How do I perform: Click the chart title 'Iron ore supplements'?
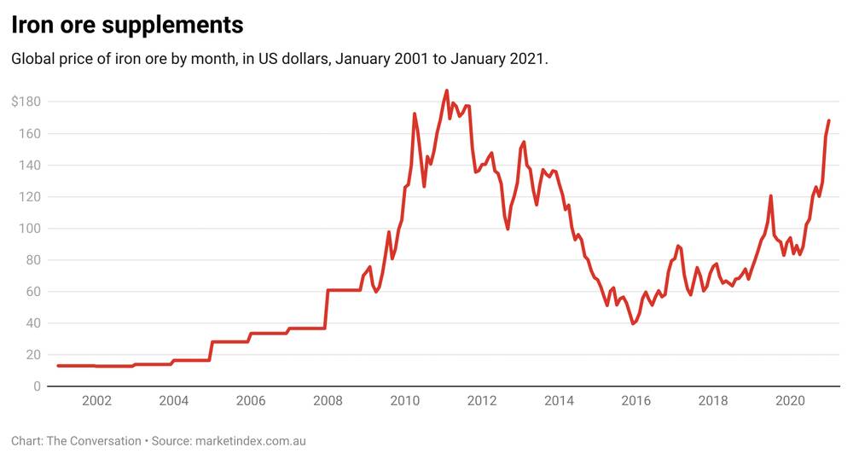[127, 26]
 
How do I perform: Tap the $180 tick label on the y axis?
[26, 102]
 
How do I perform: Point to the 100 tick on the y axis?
[29, 229]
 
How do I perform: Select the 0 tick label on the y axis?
[37, 387]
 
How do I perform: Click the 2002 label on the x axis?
[96, 401]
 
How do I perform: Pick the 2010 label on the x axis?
[405, 401]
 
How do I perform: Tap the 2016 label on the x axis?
[636, 401]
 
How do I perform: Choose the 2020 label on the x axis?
[791, 401]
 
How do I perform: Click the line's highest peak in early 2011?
[446, 90]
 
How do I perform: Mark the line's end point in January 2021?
[828, 121]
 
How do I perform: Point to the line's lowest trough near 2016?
[633, 323]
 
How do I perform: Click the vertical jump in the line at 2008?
[328, 309]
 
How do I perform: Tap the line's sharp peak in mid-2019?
[770, 196]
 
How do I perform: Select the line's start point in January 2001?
[58, 365]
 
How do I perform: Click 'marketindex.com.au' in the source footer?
[250, 441]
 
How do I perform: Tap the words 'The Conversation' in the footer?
[93, 441]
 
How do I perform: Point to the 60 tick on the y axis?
[32, 292]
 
